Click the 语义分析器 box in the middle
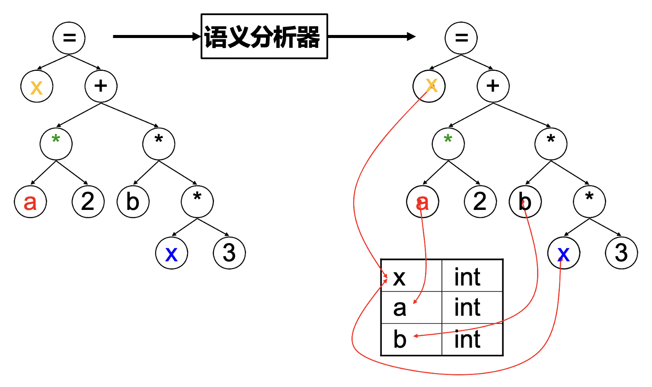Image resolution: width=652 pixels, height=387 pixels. (264, 36)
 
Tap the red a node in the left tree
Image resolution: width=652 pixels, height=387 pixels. (30, 202)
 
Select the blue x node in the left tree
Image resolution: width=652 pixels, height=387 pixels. (172, 253)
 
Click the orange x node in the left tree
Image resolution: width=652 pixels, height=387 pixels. (37, 86)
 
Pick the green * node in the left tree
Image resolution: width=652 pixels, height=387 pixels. (56, 144)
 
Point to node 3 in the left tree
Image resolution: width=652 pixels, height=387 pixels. (229, 253)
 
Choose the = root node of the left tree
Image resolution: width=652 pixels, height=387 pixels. (69, 38)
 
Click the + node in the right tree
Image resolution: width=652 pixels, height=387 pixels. (493, 86)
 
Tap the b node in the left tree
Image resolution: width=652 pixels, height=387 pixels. (133, 202)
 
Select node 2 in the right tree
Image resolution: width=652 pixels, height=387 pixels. (480, 202)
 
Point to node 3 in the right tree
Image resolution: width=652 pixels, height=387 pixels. (621, 253)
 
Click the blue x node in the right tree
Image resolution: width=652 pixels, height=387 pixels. (564, 253)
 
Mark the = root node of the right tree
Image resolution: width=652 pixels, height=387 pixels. (461, 38)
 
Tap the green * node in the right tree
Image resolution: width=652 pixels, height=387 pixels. (448, 144)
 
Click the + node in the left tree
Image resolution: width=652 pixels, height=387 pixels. (101, 86)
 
